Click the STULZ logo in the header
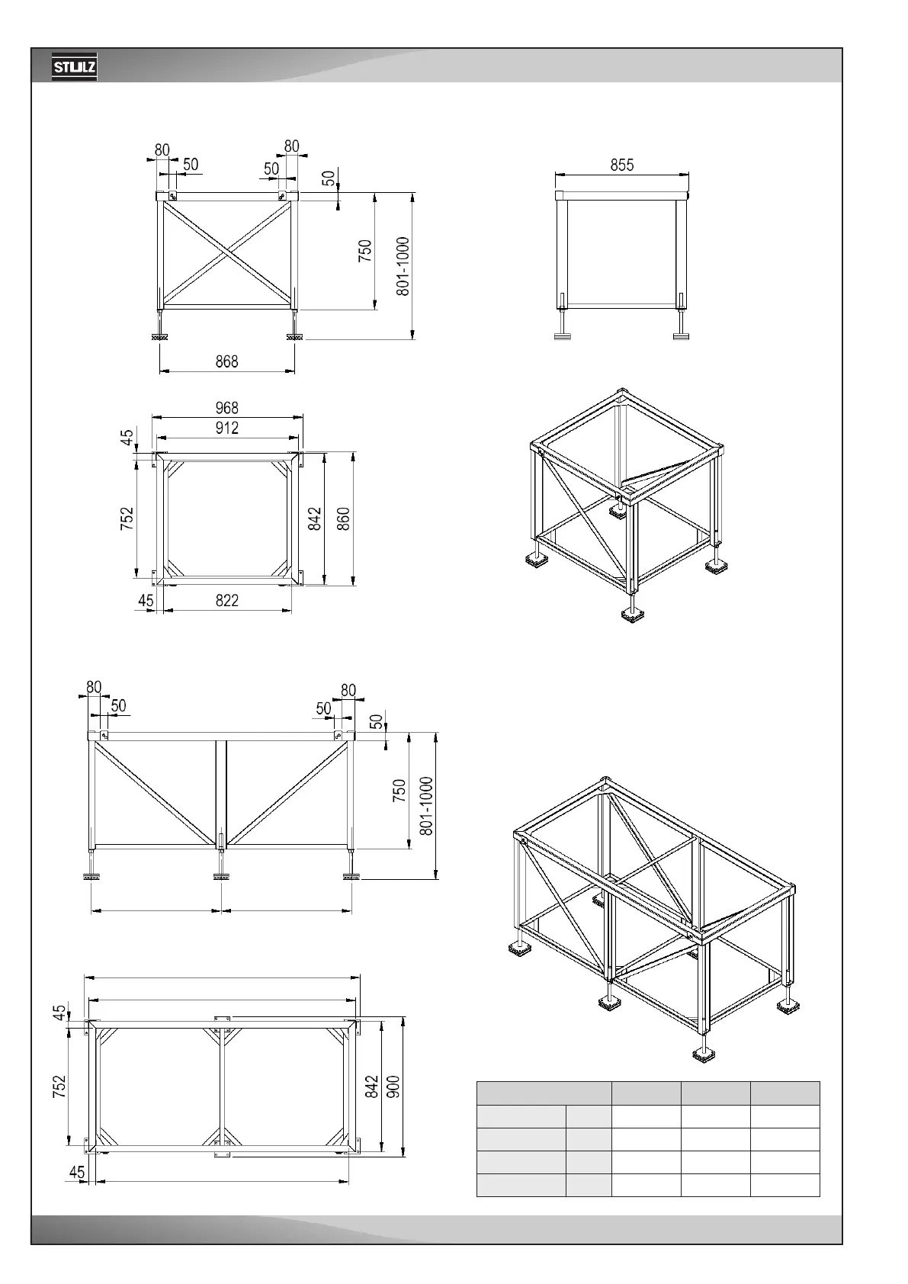74,69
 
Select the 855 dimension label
621,165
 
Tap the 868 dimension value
226,361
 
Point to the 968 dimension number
226,408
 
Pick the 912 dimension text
226,428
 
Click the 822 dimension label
226,600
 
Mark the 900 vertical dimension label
393,1087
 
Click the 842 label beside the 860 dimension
314,519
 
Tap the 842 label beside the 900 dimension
372,1087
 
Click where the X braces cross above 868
226,252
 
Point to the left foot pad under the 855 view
563,335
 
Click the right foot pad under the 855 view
680,335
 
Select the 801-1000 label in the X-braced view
403,265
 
